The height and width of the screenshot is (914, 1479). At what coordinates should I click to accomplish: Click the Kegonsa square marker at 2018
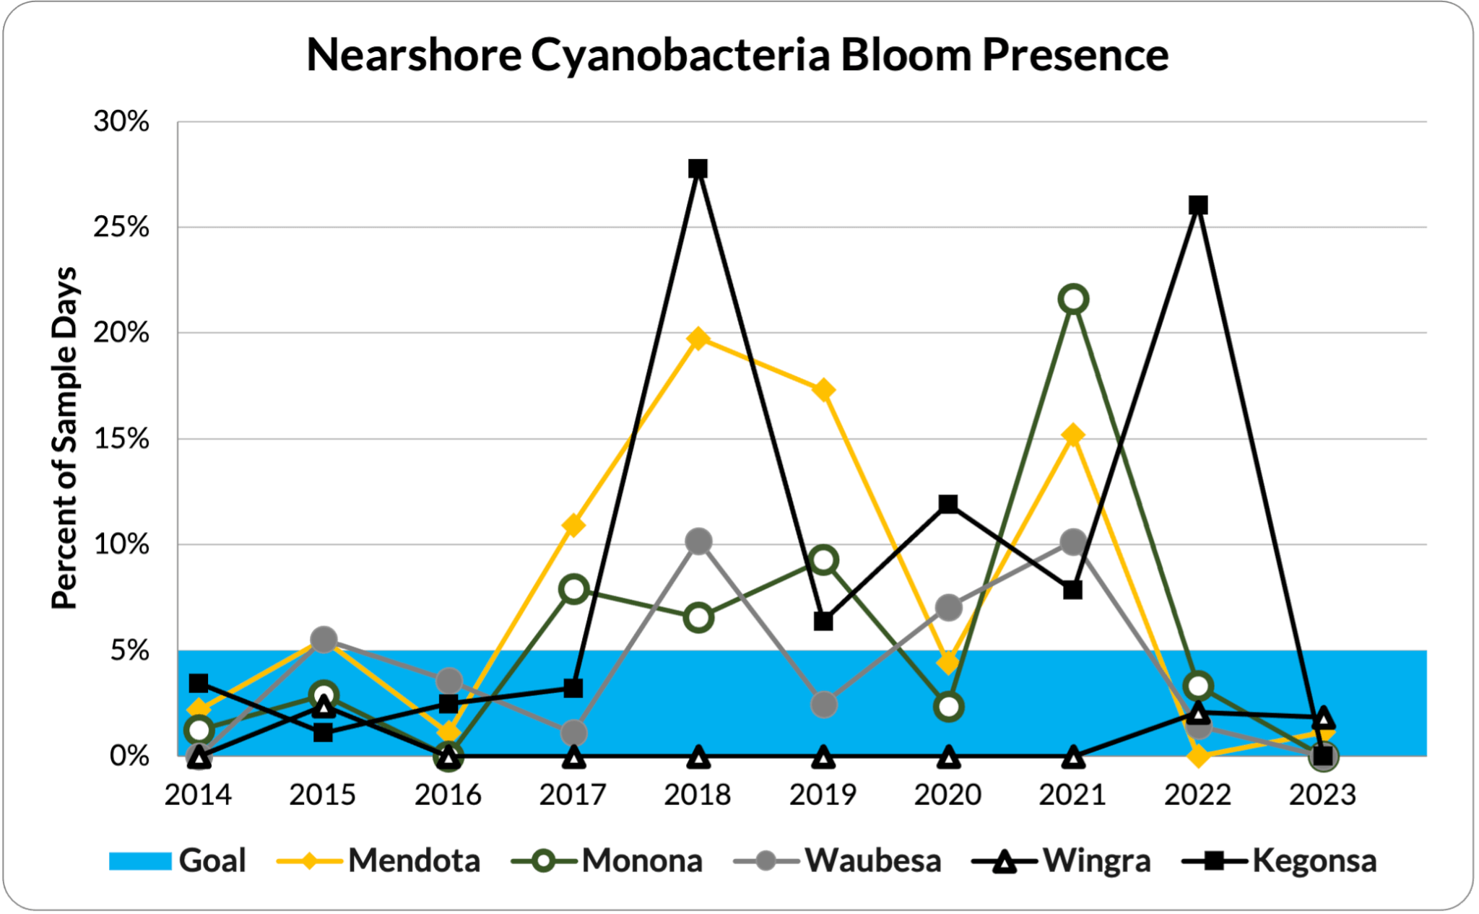[698, 169]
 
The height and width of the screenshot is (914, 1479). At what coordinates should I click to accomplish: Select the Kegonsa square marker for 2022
[1198, 205]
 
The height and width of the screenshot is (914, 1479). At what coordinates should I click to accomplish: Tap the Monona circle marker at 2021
[1073, 299]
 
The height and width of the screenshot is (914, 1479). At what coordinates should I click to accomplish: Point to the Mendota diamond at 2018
[698, 339]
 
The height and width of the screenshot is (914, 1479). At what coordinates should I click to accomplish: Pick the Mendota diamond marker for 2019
[823, 391]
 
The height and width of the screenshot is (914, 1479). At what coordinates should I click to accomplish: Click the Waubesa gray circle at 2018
[698, 541]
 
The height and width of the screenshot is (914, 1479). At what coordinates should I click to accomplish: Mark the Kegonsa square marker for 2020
[948, 503]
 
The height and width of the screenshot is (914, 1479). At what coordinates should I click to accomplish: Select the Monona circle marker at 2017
[573, 589]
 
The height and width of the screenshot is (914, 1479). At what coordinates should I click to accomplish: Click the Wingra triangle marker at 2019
[823, 757]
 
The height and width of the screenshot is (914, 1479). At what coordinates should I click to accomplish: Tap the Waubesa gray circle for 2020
[948, 607]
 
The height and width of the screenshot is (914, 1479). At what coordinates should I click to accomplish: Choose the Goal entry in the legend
[178, 861]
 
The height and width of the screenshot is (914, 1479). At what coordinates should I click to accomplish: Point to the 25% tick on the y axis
[121, 227]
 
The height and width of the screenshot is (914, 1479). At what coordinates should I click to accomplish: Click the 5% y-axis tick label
[129, 650]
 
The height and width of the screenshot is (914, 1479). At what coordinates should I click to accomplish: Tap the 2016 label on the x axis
[448, 795]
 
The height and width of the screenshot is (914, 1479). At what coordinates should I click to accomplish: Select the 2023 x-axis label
[1322, 795]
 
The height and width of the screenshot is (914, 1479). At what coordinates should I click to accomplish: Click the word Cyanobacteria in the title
[680, 55]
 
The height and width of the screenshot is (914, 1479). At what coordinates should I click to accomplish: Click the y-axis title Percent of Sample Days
[64, 438]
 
